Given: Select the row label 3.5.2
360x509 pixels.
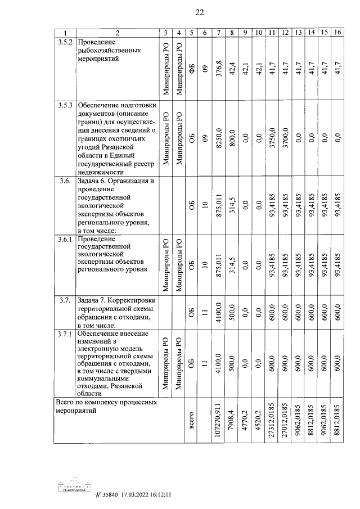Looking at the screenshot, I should pyautogui.click(x=66, y=42).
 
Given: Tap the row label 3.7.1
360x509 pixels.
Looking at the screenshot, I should pyautogui.click(x=66, y=334).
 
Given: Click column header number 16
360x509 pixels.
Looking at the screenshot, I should pyautogui.click(x=337, y=33).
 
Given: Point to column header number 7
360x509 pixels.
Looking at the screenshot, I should pyautogui.click(x=218, y=33).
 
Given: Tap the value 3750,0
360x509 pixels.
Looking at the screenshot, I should pyautogui.click(x=271, y=137).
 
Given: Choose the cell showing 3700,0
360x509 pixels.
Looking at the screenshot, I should pyautogui.click(x=285, y=137).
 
